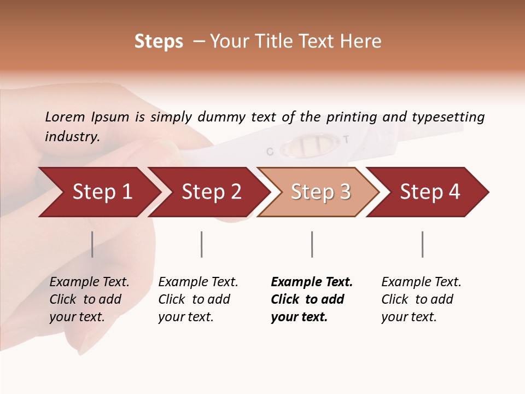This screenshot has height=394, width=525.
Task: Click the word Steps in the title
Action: click(159, 42)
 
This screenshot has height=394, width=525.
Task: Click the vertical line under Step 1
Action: click(92, 244)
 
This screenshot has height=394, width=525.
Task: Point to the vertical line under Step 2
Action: click(202, 244)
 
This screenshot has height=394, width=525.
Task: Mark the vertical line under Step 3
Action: click(312, 244)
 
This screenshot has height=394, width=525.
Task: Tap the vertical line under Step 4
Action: click(422, 244)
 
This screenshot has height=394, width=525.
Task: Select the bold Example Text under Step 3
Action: click(311, 299)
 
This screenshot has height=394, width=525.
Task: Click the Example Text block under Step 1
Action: click(89, 299)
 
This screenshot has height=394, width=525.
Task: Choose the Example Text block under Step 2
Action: click(198, 299)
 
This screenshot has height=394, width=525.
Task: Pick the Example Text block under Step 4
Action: click(421, 299)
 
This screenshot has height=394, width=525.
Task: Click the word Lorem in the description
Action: click(65, 117)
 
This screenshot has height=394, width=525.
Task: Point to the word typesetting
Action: click(448, 117)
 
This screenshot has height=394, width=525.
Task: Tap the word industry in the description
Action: click(72, 136)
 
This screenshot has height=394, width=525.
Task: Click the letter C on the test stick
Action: click(270, 152)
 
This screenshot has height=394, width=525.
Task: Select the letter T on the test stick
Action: click(346, 140)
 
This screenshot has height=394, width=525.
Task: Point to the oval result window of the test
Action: click(307, 146)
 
